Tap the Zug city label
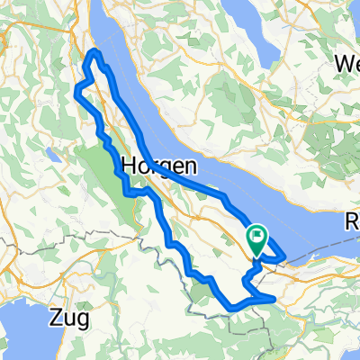[x=69, y=317]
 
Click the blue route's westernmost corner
[x=76, y=90]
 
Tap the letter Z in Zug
[x=57, y=317]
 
